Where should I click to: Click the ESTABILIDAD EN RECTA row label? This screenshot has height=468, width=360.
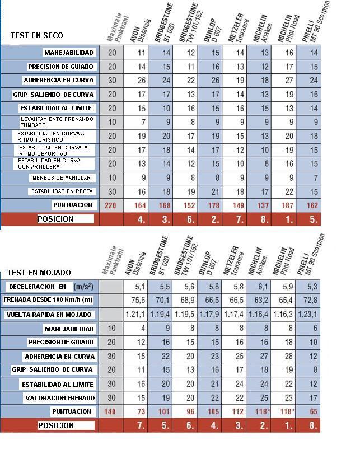[62, 191]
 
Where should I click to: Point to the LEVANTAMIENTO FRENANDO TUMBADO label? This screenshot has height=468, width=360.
[49, 122]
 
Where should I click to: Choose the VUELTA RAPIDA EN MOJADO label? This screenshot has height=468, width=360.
[49, 315]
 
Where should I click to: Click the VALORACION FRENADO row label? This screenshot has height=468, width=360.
[59, 398]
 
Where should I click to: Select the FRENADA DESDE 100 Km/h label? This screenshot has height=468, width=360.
[48, 300]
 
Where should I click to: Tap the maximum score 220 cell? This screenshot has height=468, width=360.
[112, 205]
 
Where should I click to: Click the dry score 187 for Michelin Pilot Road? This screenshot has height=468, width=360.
[289, 205]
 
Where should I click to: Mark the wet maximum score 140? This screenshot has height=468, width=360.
[112, 412]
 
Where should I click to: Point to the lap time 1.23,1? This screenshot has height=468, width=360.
[308, 315]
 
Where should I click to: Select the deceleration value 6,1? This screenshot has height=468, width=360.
[259, 287]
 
